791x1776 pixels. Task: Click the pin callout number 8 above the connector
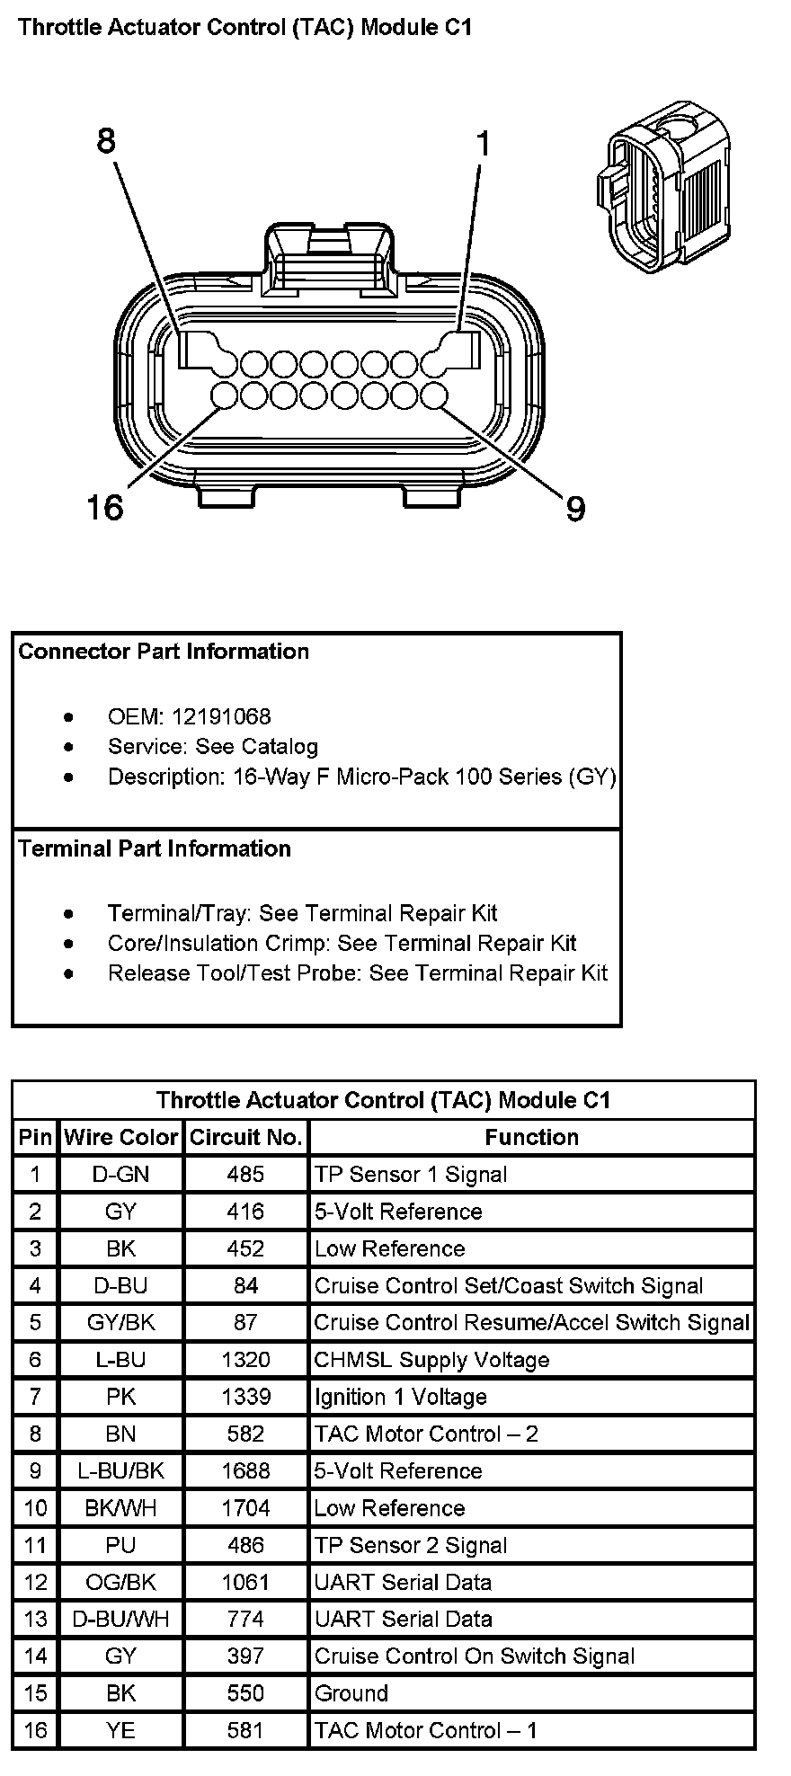(x=106, y=141)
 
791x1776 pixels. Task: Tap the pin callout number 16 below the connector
(x=104, y=508)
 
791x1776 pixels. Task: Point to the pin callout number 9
(x=575, y=510)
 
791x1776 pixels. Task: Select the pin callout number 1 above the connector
(x=483, y=143)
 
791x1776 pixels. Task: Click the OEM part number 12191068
(x=221, y=716)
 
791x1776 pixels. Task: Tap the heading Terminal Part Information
(x=155, y=848)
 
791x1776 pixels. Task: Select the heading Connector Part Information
(x=164, y=652)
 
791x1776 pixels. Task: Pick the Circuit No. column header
(x=245, y=1137)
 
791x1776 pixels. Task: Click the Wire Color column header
(x=120, y=1137)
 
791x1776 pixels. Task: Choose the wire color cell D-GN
(x=120, y=1174)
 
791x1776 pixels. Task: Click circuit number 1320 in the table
(x=245, y=1359)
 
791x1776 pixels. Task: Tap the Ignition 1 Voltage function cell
(x=400, y=1397)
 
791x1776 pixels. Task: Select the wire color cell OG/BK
(x=120, y=1582)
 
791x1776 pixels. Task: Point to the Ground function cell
(x=351, y=1693)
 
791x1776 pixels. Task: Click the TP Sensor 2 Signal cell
(x=411, y=1545)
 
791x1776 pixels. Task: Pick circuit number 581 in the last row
(x=245, y=1730)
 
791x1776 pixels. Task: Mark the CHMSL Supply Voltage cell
(x=431, y=1359)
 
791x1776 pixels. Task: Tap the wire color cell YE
(x=120, y=1730)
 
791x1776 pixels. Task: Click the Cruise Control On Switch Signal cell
(x=475, y=1656)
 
